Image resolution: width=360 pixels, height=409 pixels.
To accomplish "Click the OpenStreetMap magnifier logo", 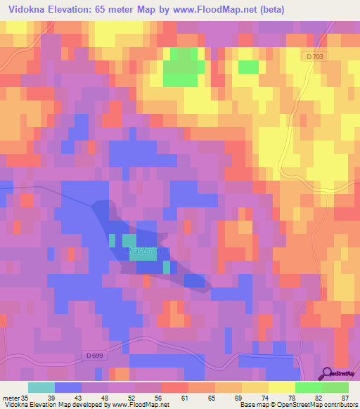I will (x=327, y=374).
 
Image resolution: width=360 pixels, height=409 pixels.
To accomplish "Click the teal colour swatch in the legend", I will (x=41, y=387).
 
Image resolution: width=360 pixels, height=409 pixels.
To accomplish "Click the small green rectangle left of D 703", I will (x=248, y=67).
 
